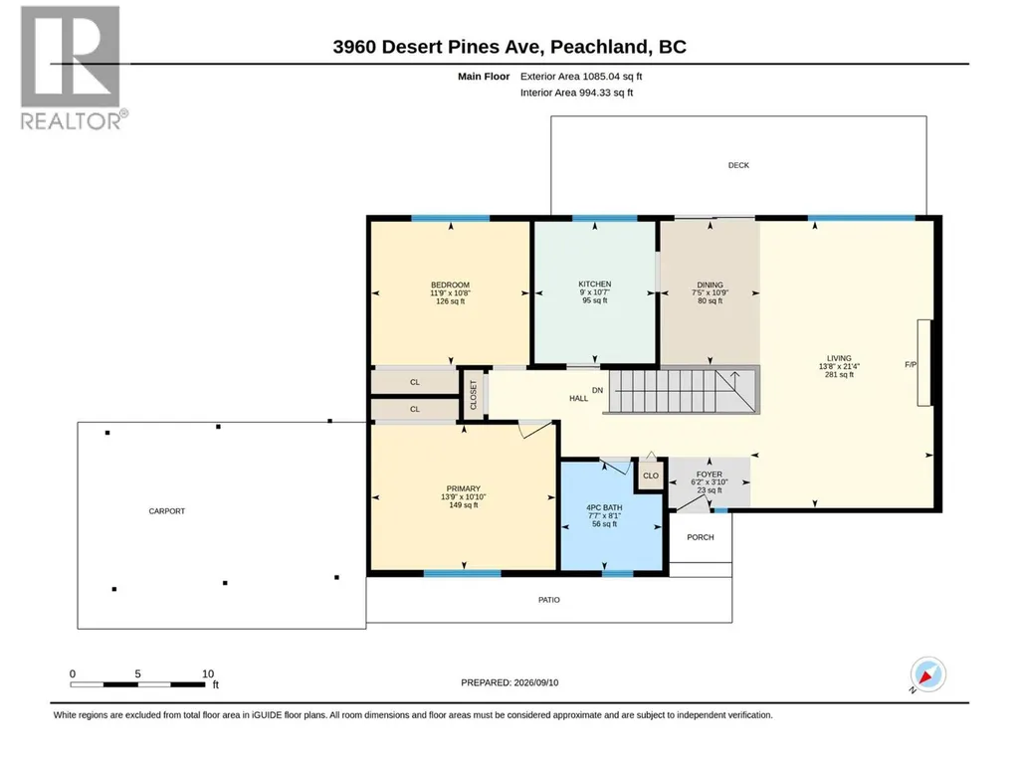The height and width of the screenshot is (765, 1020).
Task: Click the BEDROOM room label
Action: click(x=450, y=285)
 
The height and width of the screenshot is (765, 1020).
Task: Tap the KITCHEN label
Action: click(x=594, y=285)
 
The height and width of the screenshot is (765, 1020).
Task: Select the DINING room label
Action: click(x=710, y=285)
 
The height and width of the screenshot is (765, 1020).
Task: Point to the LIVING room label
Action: click(x=839, y=358)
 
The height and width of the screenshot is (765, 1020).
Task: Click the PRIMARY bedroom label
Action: click(x=463, y=488)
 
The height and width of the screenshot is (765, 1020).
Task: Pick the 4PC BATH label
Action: click(x=604, y=507)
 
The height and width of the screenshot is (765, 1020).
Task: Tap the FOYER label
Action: click(x=710, y=475)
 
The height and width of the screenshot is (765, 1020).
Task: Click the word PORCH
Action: click(x=701, y=537)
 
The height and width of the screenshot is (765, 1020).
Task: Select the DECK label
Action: click(x=738, y=165)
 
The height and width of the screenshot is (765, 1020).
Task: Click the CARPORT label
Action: click(x=167, y=511)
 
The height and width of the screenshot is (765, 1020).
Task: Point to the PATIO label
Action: click(x=549, y=600)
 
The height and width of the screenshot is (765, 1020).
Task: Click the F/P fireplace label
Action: click(x=911, y=365)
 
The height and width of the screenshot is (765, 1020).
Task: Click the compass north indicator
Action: click(x=927, y=674)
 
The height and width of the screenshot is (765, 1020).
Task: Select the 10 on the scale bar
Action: click(x=208, y=673)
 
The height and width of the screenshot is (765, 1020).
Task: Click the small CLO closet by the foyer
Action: click(x=651, y=476)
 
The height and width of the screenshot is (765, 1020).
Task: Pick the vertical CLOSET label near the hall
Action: click(x=473, y=395)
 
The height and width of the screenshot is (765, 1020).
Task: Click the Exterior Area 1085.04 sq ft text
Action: click(x=581, y=77)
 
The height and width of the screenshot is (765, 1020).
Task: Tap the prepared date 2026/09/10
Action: click(x=536, y=682)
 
